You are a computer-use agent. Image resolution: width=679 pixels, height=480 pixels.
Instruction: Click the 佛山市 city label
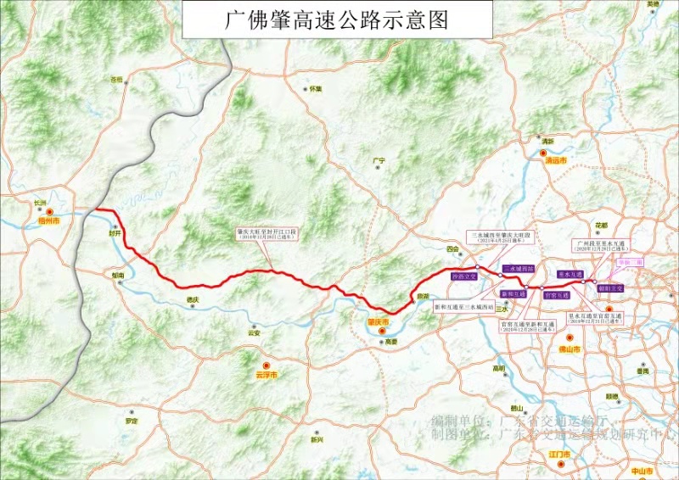pos(570,349)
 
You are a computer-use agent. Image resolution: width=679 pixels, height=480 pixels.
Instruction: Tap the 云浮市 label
pos(266,374)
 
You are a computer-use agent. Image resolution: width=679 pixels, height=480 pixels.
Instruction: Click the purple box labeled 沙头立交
pos(464,276)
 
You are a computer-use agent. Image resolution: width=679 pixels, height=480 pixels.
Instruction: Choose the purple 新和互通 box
pos(513,293)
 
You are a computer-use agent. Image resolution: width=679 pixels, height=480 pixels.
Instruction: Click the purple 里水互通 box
pos(570,275)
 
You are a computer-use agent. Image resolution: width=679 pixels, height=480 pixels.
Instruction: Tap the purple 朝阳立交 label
pos(610,288)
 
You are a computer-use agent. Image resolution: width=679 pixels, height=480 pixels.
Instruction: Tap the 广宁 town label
pos(379,160)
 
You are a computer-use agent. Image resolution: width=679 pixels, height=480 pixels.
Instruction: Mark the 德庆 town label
pos(192,299)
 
